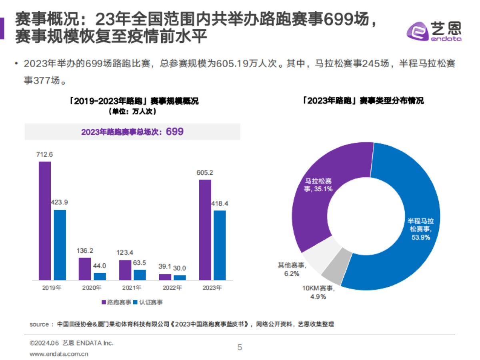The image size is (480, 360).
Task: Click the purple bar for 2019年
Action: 44,220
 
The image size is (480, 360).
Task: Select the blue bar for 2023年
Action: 219,245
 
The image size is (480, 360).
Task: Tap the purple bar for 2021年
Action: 125,270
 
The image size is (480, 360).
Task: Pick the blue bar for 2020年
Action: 100,276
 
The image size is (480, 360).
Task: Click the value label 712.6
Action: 45,155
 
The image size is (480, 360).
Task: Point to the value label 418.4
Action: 220,204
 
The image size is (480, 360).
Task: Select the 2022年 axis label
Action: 172,287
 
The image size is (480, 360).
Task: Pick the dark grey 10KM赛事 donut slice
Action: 333,270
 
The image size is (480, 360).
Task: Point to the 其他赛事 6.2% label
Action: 291,269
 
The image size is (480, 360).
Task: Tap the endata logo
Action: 434,32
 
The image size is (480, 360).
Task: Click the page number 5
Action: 240,347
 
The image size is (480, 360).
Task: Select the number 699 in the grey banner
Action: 175,132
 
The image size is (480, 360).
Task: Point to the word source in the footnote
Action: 39,324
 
